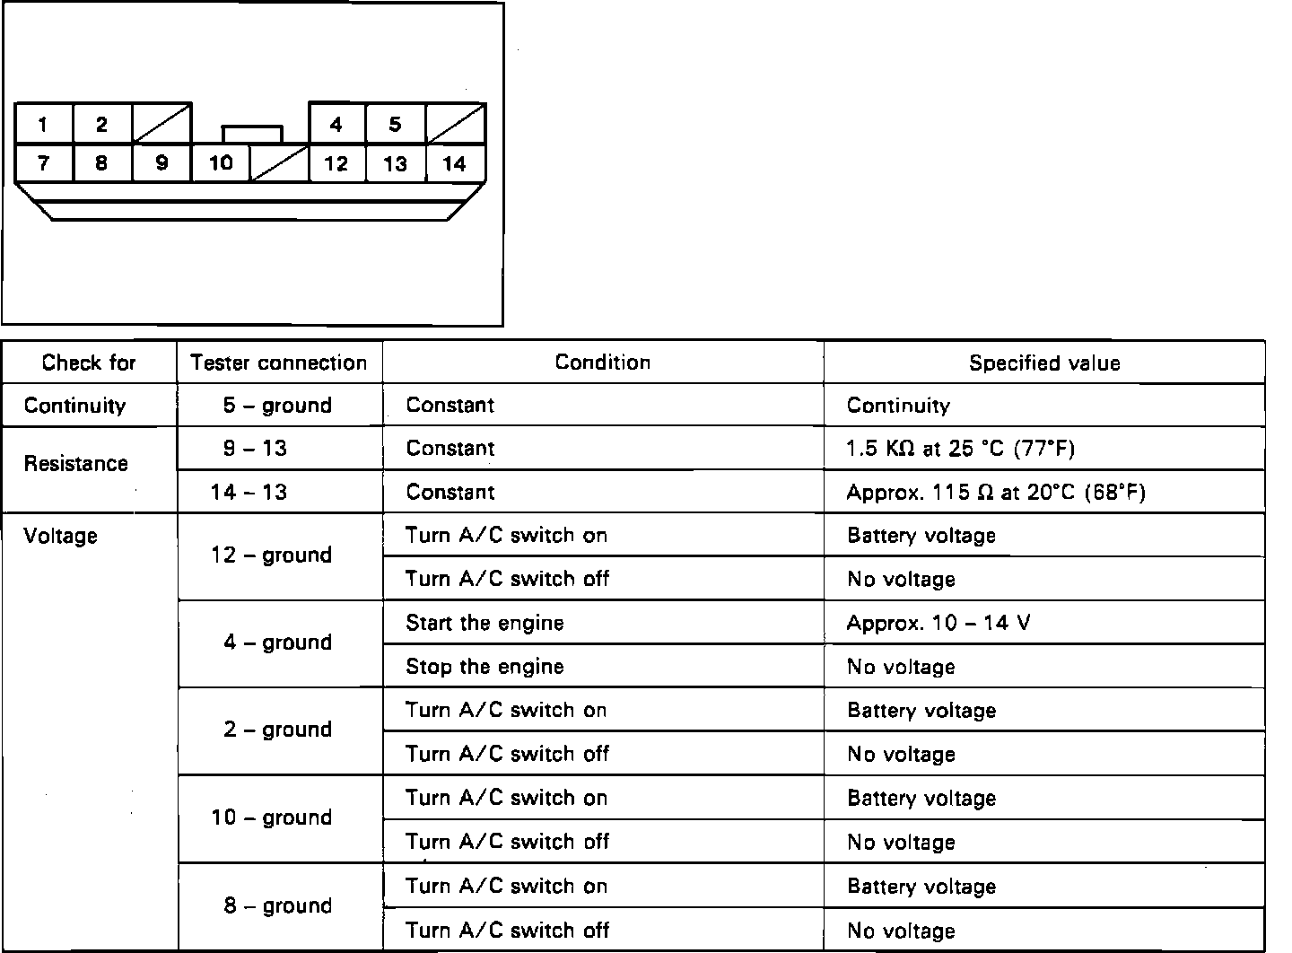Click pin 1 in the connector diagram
43,125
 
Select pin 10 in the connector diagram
221,163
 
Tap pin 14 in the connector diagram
455,164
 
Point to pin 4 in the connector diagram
336,125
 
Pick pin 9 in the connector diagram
161,163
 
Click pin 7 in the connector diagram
43,163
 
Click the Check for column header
89,363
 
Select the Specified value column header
1043,363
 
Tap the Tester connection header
279,363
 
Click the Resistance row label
76,464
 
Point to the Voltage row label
61,536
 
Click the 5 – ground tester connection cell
277,406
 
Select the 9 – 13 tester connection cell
255,449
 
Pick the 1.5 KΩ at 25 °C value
960,449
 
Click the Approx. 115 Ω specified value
996,492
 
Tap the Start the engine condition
484,623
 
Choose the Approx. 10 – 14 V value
938,623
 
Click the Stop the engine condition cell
484,667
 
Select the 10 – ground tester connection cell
272,817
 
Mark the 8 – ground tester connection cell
277,905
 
